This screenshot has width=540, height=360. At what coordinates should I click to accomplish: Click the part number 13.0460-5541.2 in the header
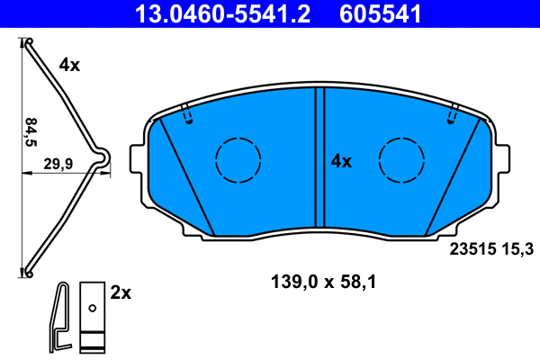(x=226, y=13)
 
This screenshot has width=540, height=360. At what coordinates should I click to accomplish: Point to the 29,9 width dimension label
(x=58, y=163)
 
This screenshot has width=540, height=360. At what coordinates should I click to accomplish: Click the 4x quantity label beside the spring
(x=69, y=65)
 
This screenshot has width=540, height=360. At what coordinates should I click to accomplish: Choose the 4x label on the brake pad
(x=341, y=161)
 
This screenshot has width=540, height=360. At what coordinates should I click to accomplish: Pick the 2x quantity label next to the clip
(x=120, y=292)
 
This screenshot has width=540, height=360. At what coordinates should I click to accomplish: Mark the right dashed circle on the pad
(x=401, y=161)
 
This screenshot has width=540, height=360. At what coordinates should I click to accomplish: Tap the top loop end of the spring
(x=27, y=42)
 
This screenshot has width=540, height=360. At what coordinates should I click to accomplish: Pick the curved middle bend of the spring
(x=103, y=158)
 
